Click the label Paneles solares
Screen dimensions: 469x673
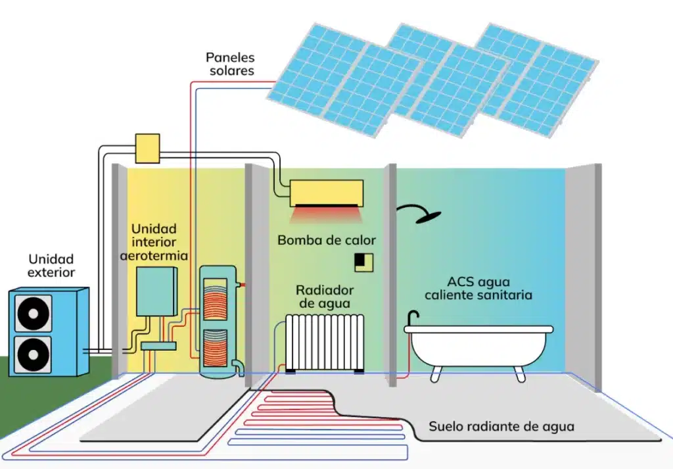[230, 64]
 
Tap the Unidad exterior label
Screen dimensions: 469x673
[51, 266]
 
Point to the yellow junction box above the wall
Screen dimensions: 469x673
[147, 148]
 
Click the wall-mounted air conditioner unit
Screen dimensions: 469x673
[327, 192]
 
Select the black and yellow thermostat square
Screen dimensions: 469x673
[363, 261]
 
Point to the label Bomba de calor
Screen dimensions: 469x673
[326, 240]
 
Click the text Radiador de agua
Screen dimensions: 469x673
[325, 297]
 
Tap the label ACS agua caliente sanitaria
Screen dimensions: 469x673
[478, 288]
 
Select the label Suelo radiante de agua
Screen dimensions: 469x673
[501, 427]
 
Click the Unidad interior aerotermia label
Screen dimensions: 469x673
[154, 242]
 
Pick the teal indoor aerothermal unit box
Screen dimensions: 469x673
[156, 291]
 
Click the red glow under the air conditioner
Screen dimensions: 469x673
[327, 214]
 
